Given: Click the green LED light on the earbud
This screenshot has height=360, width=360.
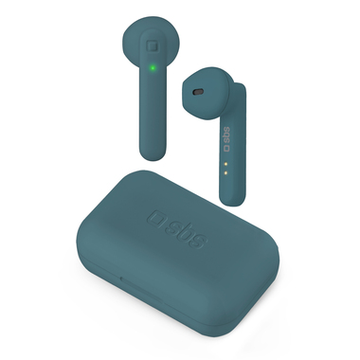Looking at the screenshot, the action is pyautogui.click(x=153, y=67).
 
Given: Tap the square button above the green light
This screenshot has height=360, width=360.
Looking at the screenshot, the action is pyautogui.click(x=153, y=46).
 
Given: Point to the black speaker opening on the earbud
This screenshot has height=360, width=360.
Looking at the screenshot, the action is pyautogui.click(x=198, y=92).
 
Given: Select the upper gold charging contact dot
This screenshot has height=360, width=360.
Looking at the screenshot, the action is pyautogui.click(x=225, y=164).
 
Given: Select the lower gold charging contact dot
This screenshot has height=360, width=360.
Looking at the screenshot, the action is pyautogui.click(x=225, y=172).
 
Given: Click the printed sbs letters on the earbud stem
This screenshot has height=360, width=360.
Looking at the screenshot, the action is pyautogui.click(x=226, y=135).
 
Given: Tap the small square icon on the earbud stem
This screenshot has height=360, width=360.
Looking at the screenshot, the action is pyautogui.click(x=226, y=147).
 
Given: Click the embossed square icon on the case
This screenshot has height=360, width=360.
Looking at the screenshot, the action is pyautogui.click(x=157, y=218).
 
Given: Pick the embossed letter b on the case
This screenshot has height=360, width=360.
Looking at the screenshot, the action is pyautogui.click(x=185, y=230).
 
